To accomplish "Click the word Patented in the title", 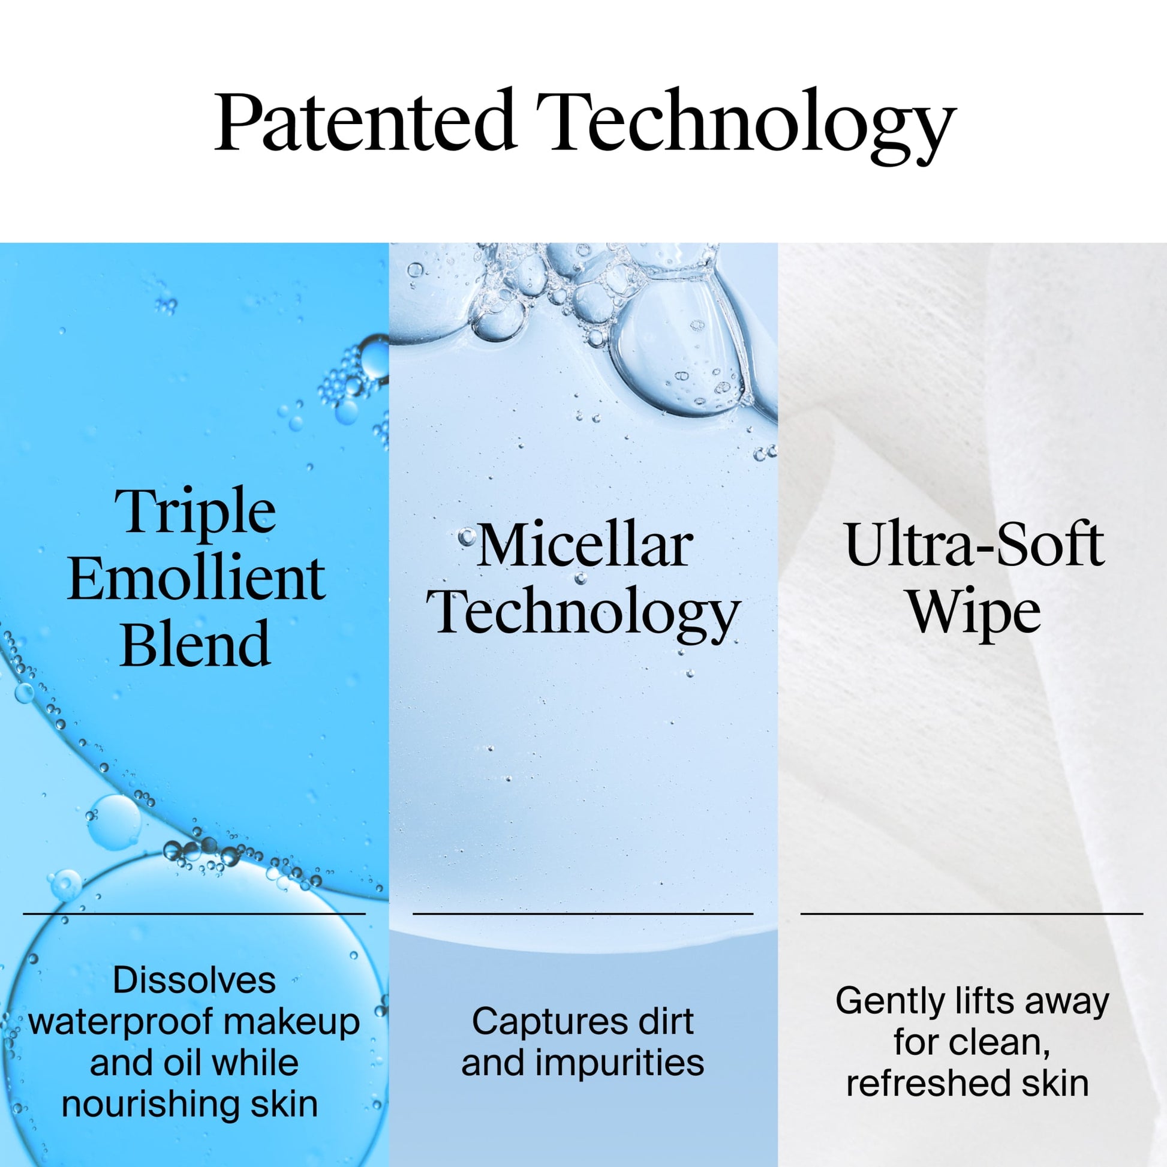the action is coord(365,120).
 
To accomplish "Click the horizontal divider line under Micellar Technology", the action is coord(583,914).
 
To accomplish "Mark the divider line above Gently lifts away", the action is coord(972,914).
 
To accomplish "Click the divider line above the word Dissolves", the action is coord(194,914).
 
